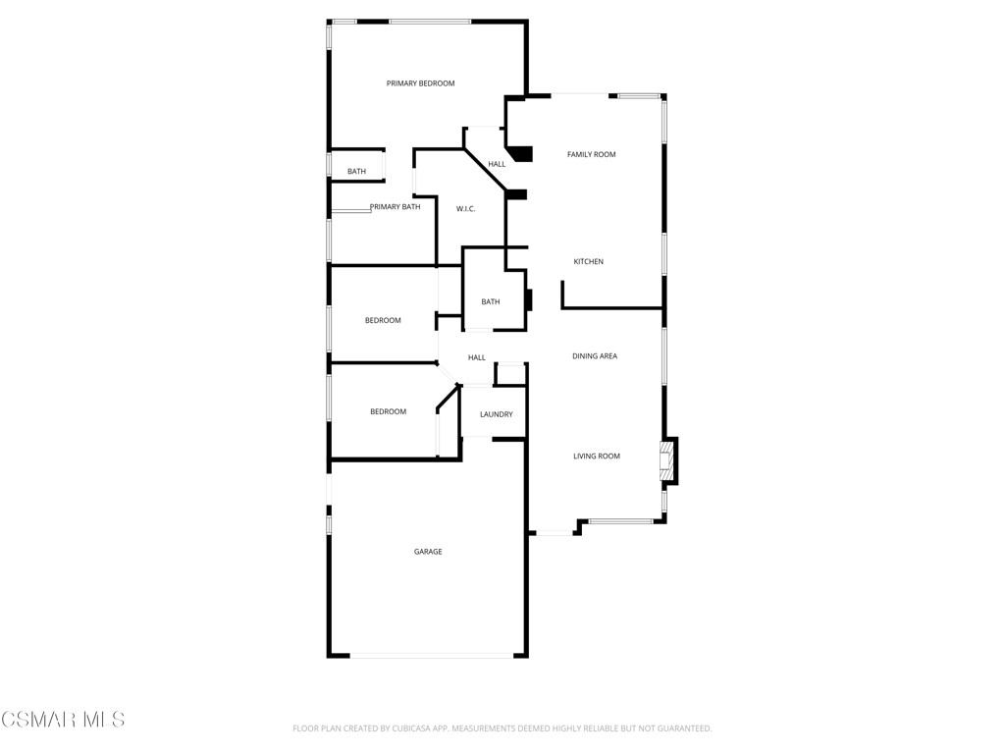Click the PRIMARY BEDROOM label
point(420,83)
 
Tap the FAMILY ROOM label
point(592,154)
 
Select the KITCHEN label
point(589,261)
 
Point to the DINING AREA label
point(595,356)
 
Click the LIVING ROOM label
point(597,457)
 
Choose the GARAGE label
point(428,552)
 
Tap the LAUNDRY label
point(496,414)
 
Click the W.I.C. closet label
point(466,209)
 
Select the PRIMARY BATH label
point(396,207)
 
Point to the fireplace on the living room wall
point(667,461)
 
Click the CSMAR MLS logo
point(63,720)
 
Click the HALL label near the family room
point(498,164)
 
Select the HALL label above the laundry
point(477,357)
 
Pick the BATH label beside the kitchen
point(491,301)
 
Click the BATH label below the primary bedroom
point(356,172)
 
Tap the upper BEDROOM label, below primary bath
point(383,320)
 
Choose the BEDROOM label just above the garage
point(388,411)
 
